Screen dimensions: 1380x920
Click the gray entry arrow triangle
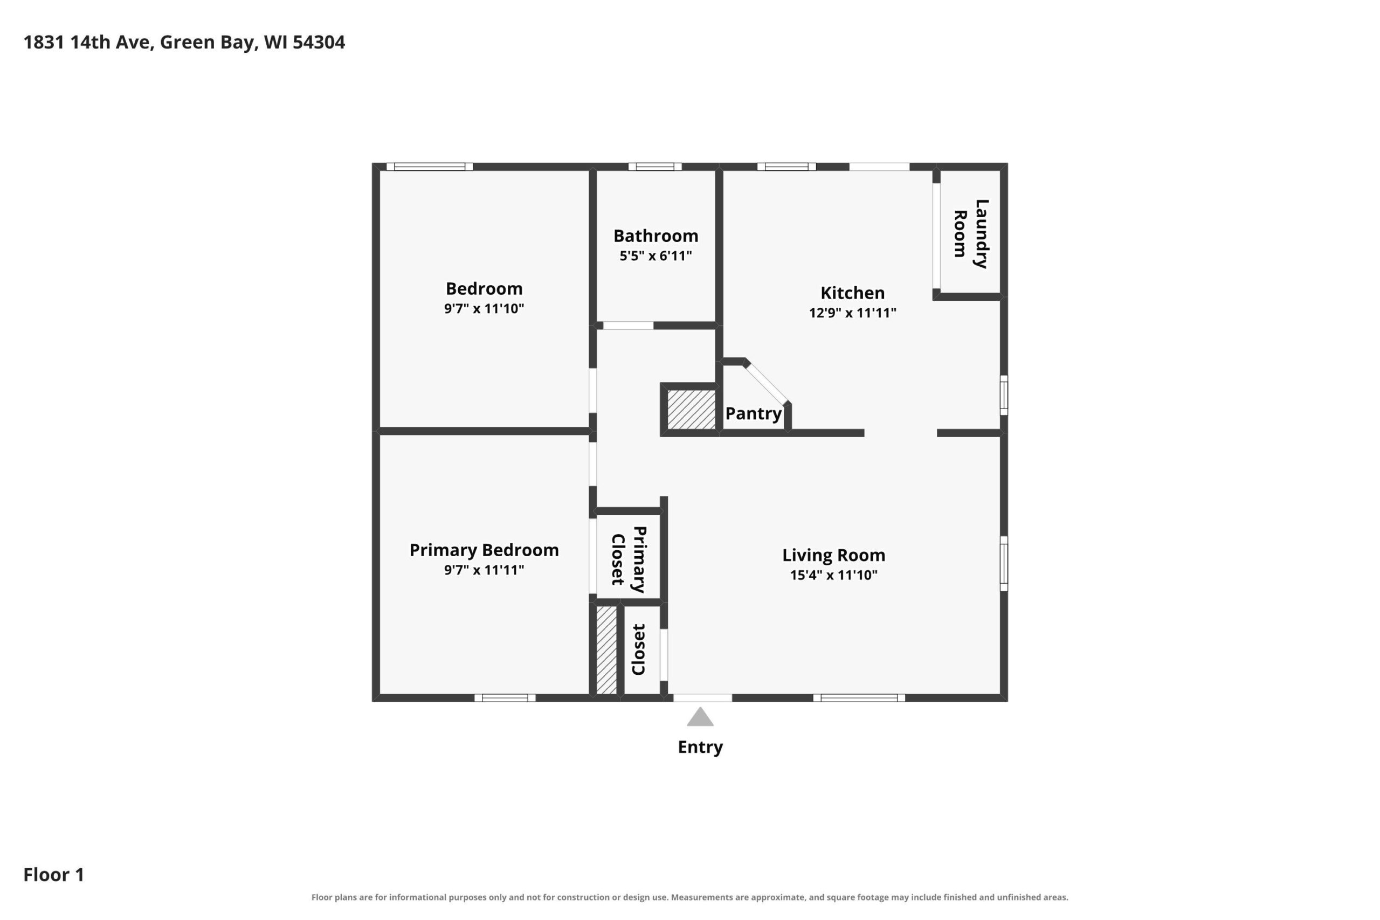pos(700,717)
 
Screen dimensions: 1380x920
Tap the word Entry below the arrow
pos(700,747)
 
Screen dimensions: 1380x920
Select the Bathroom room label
pos(656,236)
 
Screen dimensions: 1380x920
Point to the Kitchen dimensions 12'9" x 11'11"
pos(852,313)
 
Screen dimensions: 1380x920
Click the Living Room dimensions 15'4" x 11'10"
pos(834,575)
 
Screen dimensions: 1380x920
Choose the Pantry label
pos(754,413)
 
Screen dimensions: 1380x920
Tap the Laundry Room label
pos(971,233)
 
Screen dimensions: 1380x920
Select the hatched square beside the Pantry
pos(691,410)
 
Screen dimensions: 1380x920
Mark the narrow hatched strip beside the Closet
pos(606,649)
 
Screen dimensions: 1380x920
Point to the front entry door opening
pos(702,697)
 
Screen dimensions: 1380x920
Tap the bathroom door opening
pos(629,326)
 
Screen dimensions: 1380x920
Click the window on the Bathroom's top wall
pos(655,167)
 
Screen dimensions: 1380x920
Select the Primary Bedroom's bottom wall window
pos(505,697)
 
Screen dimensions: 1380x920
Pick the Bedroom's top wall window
pos(430,167)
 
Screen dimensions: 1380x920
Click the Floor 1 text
pos(54,875)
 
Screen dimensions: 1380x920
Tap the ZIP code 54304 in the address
pos(319,42)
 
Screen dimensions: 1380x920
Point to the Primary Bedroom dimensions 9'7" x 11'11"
pos(484,570)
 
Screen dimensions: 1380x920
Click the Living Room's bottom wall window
pos(859,697)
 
